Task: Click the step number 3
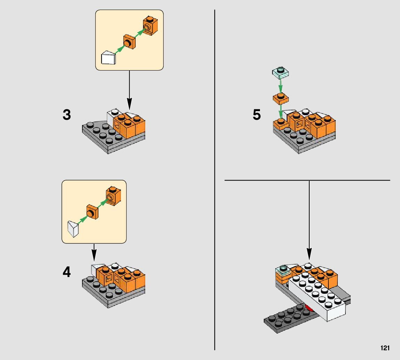click(67, 115)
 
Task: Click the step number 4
click(67, 272)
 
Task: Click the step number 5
click(256, 115)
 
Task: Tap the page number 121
click(385, 348)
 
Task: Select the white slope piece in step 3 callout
click(108, 58)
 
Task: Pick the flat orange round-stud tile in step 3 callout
click(130, 42)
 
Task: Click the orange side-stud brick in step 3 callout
click(150, 26)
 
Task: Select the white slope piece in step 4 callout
click(73, 228)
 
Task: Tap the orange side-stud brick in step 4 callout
click(114, 196)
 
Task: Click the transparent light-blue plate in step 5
click(280, 72)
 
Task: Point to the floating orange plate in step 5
click(280, 99)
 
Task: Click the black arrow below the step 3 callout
click(129, 91)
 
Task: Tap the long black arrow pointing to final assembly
click(309, 221)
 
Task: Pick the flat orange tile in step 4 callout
click(92, 212)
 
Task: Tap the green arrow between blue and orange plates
click(280, 86)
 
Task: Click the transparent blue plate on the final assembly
click(283, 270)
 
